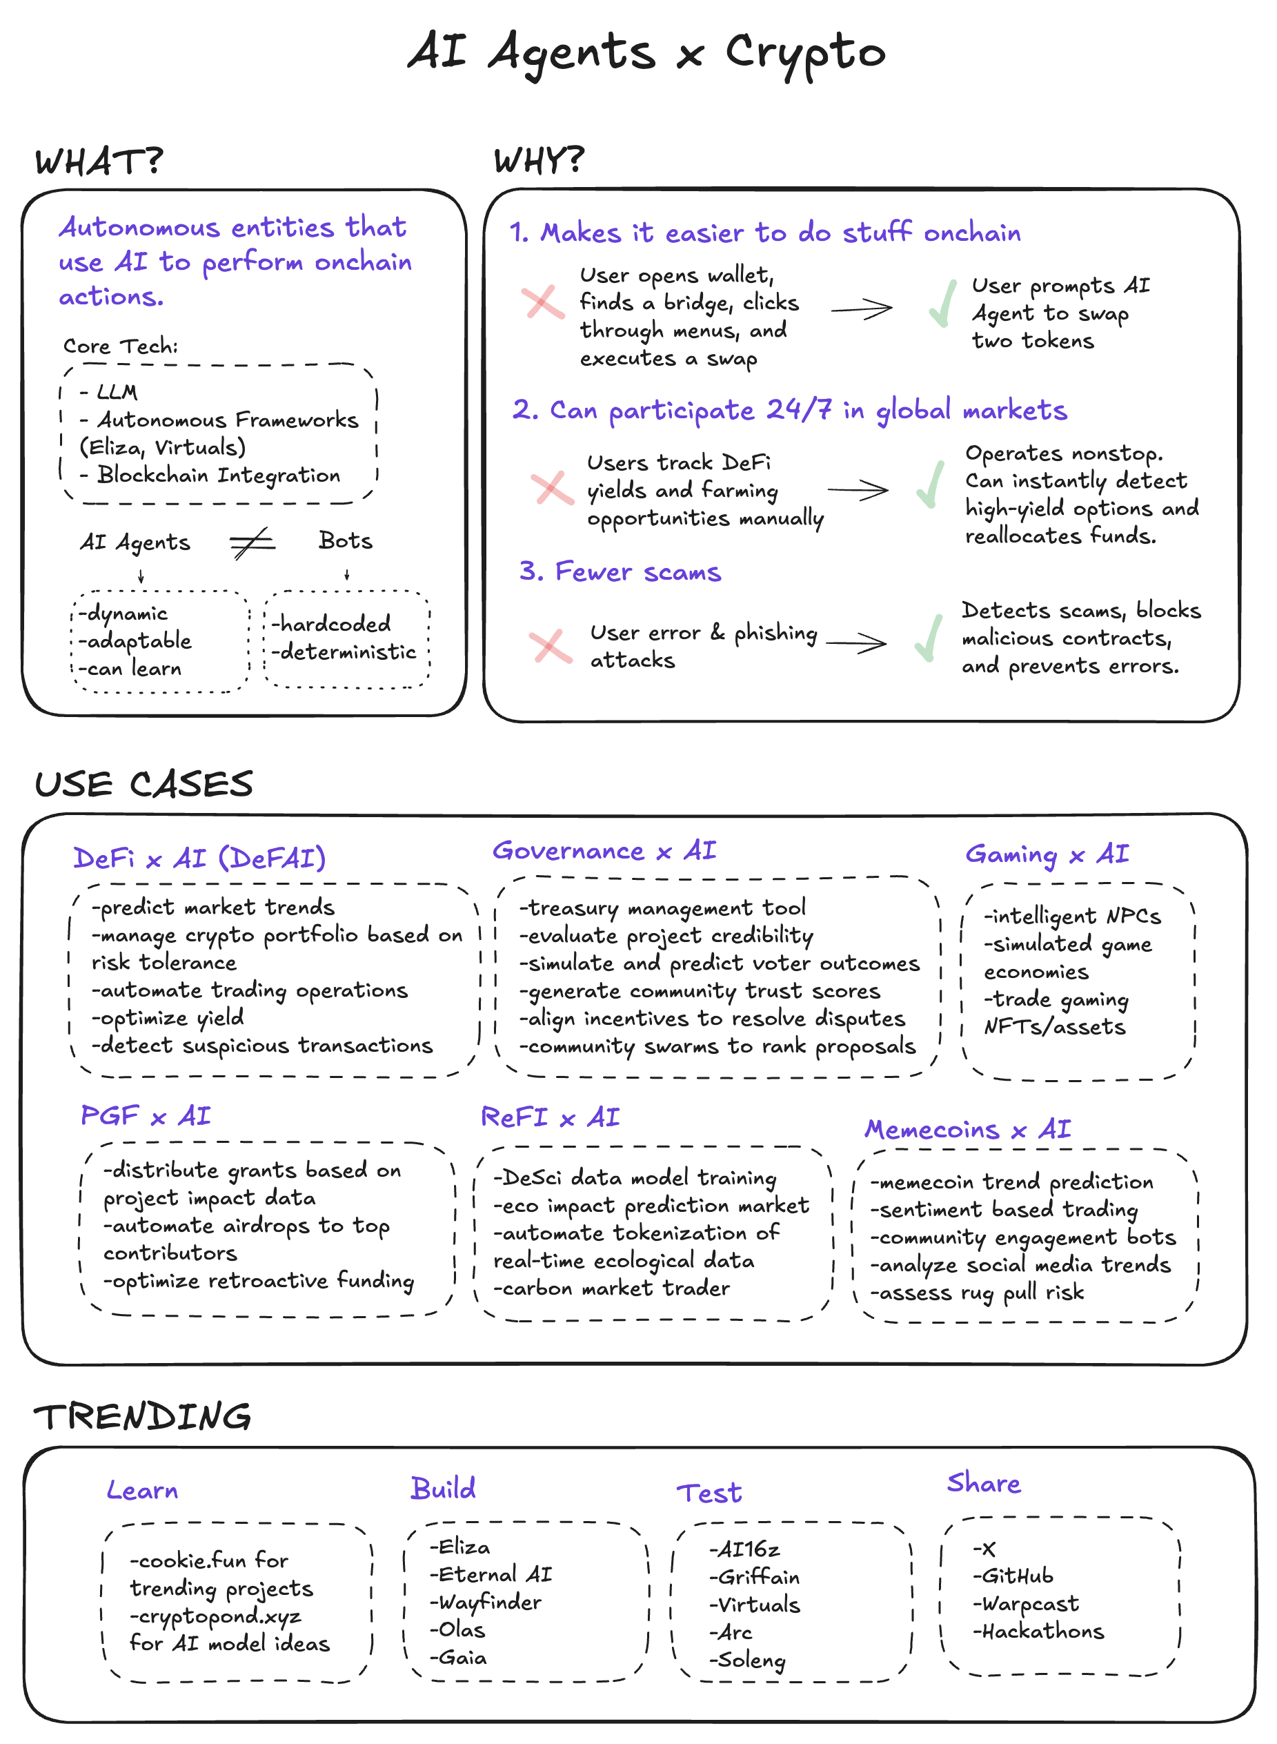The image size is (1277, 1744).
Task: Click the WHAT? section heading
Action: click(99, 161)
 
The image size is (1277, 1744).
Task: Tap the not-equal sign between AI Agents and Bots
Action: click(252, 543)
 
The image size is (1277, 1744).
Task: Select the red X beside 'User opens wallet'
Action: click(543, 302)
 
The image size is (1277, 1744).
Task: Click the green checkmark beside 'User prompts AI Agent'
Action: click(942, 304)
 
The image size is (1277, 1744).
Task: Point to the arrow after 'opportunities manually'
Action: click(858, 490)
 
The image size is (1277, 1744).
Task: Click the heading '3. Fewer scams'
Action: click(620, 572)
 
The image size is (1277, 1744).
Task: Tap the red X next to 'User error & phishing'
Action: click(551, 646)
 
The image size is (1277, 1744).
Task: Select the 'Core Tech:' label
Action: click(121, 346)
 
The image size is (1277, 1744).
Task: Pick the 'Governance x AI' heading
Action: click(604, 851)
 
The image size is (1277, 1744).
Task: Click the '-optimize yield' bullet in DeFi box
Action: click(168, 1018)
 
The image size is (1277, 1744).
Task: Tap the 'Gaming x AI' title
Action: click(1047, 854)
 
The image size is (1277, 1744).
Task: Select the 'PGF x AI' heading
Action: click(146, 1116)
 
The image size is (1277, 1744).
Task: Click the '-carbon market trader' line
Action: click(611, 1289)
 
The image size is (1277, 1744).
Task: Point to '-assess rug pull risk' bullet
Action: click(977, 1293)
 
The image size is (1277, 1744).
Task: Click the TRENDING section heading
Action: click(143, 1417)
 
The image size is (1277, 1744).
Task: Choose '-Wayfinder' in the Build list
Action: click(486, 1603)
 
